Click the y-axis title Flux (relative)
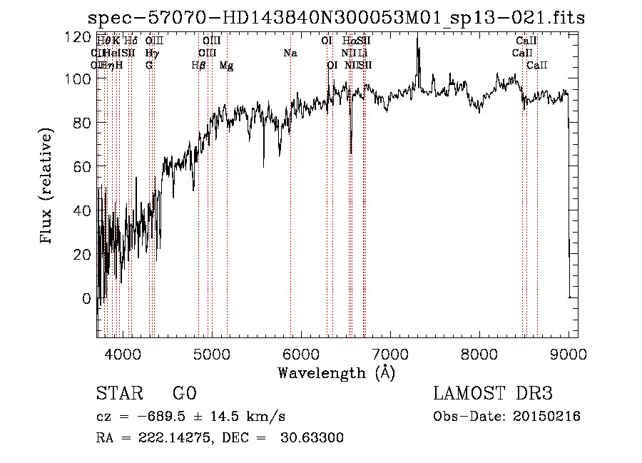[x=48, y=188]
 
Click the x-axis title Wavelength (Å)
[x=336, y=372]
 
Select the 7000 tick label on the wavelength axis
[x=390, y=353]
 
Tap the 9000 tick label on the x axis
[x=569, y=353]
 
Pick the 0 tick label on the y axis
[x=86, y=298]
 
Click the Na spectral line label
[x=290, y=54]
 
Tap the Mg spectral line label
[x=226, y=66]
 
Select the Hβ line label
[x=198, y=66]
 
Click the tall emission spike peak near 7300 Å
[x=417, y=39]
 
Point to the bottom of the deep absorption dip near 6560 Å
[x=351, y=152]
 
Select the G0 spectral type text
[x=184, y=394]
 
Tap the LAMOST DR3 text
[x=493, y=394]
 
